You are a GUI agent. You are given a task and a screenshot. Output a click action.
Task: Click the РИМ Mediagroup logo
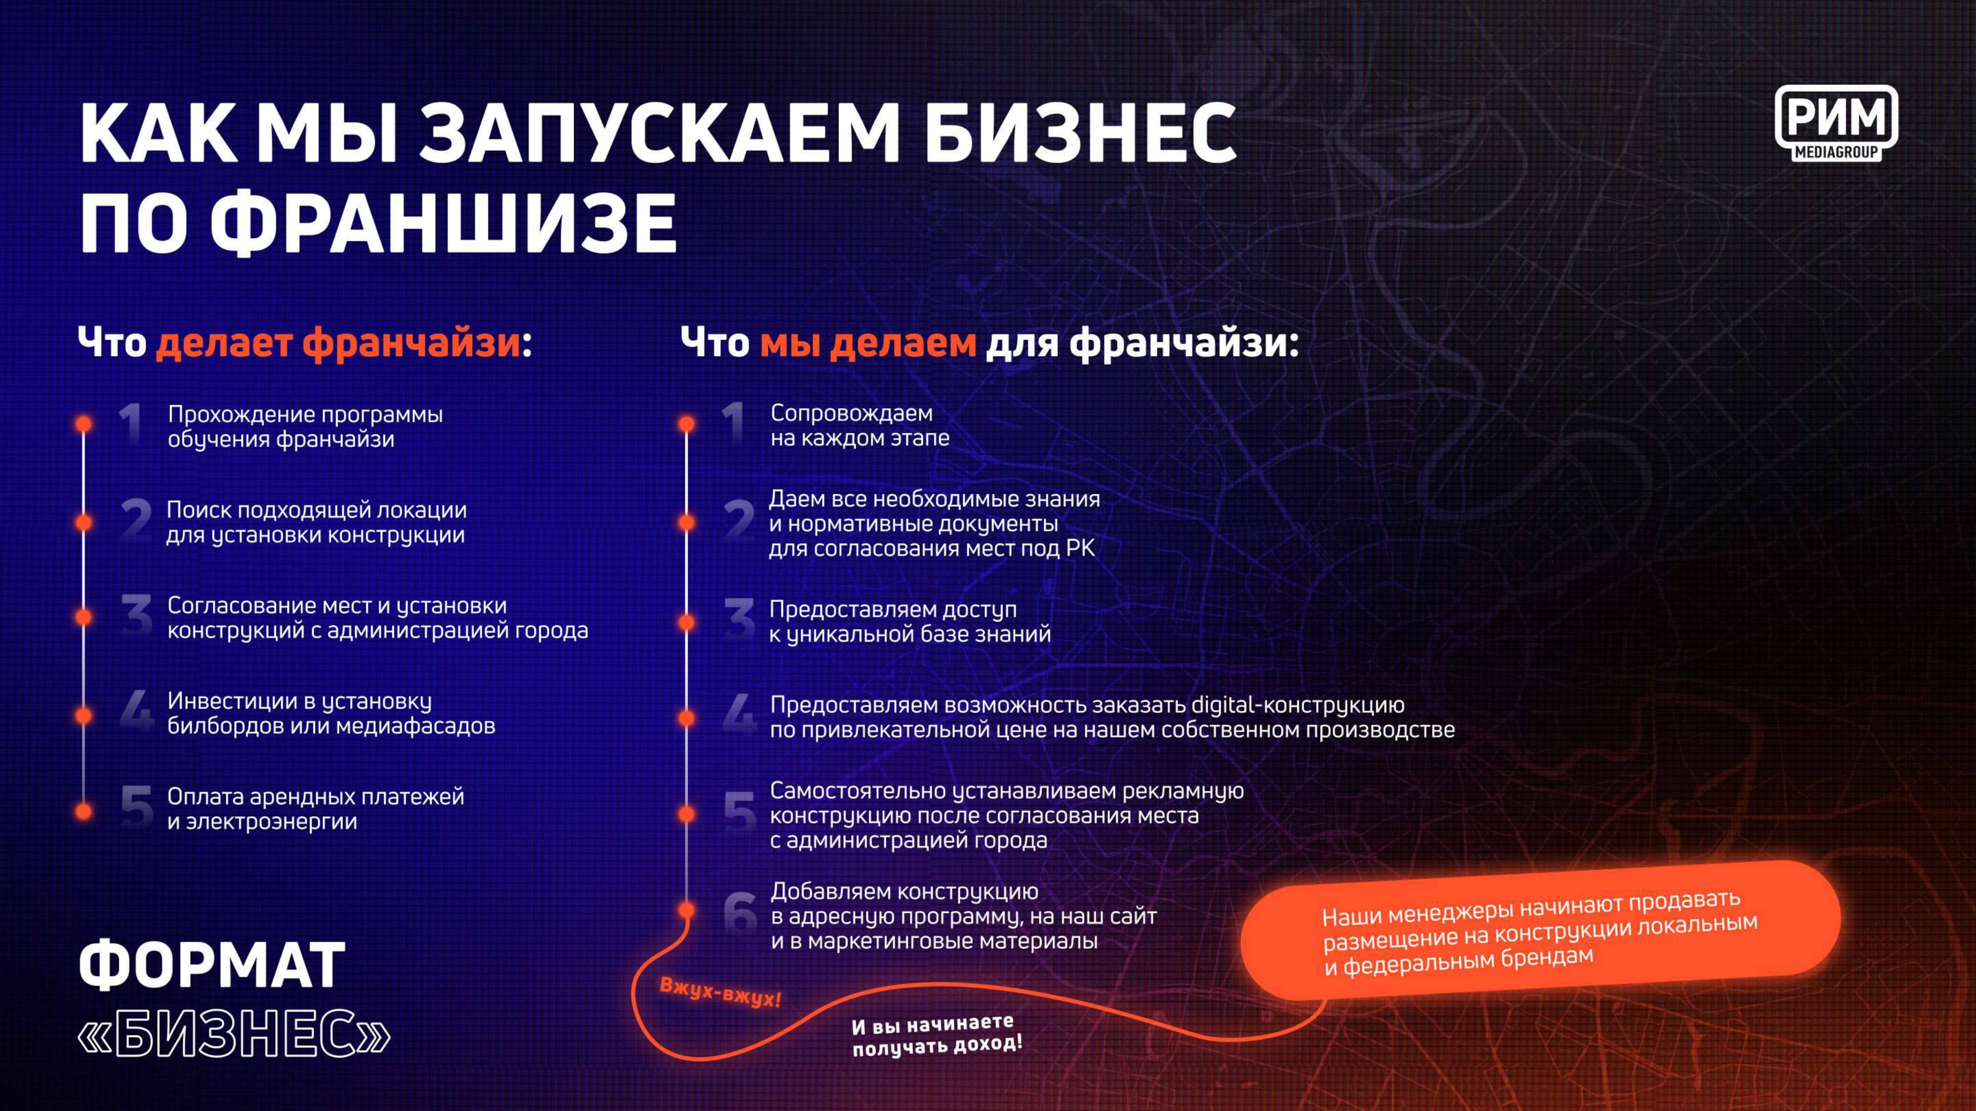pyautogui.click(x=1836, y=123)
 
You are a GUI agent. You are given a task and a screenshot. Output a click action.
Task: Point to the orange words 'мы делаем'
pyautogui.click(x=867, y=342)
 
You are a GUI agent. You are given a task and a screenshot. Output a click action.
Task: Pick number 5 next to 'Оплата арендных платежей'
pyautogui.click(x=136, y=808)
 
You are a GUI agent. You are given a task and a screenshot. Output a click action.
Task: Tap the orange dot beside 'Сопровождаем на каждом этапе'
pyautogui.click(x=687, y=424)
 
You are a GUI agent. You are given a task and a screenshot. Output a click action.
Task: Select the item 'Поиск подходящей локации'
pyautogui.click(x=316, y=522)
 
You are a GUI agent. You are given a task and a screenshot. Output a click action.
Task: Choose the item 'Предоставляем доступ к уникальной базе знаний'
pyautogui.click(x=910, y=622)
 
